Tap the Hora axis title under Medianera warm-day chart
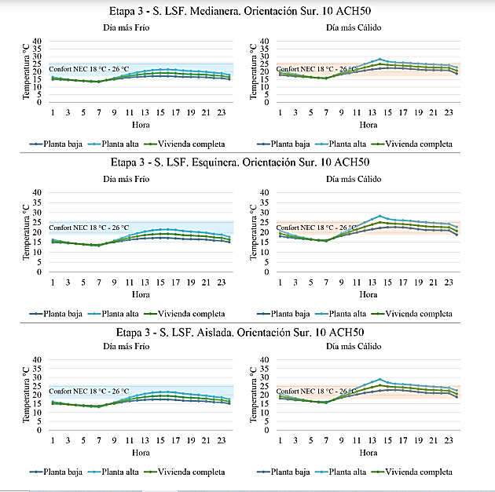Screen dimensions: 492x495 click(x=368, y=124)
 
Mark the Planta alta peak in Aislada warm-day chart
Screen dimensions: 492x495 click(x=380, y=380)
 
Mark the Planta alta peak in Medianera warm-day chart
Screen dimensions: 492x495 click(x=380, y=60)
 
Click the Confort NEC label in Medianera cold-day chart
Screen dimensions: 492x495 click(x=89, y=69)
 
